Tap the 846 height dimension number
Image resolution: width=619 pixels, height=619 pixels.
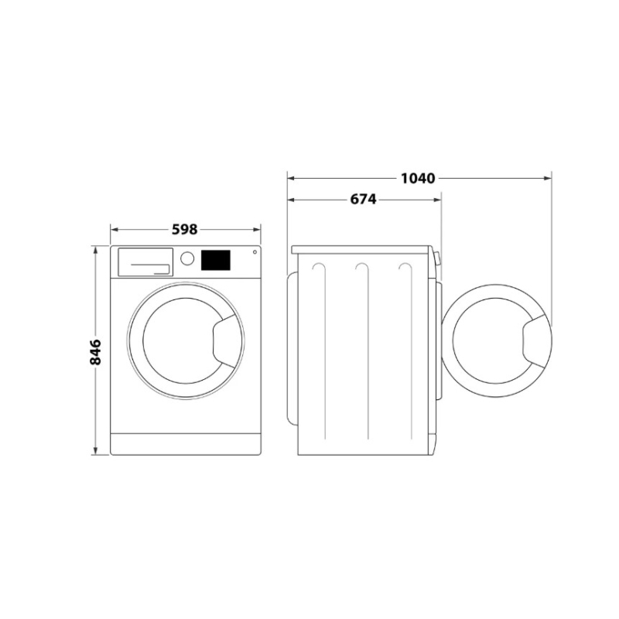(96, 352)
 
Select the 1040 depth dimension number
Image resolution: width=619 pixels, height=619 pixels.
(419, 178)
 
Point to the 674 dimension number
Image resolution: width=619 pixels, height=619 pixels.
(362, 200)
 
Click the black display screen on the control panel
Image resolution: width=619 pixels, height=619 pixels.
(216, 259)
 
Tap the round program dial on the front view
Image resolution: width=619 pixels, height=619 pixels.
(187, 258)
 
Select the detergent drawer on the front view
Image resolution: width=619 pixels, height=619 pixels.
(145, 261)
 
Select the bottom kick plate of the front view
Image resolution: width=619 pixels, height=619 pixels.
(186, 444)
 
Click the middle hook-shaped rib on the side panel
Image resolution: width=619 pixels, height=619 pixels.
(361, 267)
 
